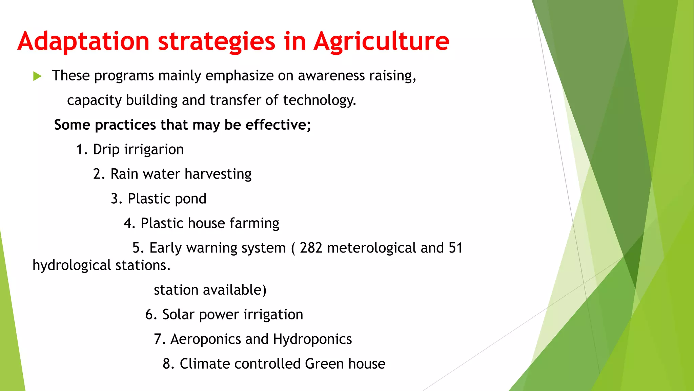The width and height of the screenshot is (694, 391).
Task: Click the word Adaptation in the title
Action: (83, 41)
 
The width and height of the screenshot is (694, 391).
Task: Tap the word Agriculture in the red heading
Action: (381, 41)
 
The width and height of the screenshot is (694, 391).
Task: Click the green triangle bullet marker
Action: (37, 76)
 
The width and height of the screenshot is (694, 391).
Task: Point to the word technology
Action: (319, 100)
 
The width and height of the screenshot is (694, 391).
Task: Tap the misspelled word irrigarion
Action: (154, 150)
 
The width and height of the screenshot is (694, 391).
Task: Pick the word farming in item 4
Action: (254, 223)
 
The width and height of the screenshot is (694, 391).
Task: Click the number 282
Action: (311, 248)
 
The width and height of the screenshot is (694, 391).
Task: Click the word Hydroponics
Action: (312, 339)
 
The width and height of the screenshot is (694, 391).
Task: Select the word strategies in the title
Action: (217, 41)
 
